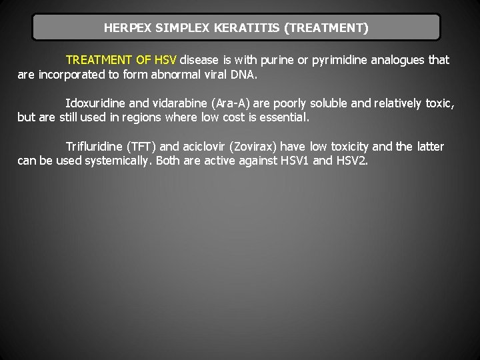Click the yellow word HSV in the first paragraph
point(165,60)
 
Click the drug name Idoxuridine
point(96,103)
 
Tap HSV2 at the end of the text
point(353,161)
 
